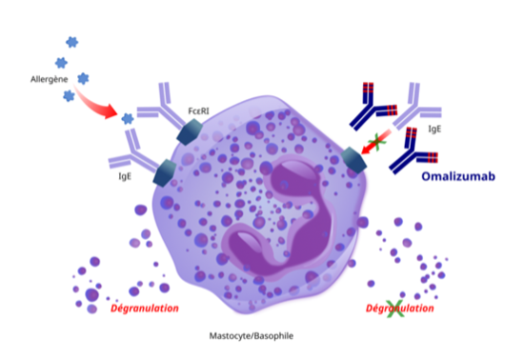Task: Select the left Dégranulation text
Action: pos(146,309)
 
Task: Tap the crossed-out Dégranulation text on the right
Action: pos(400,309)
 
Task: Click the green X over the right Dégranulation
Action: pos(393,309)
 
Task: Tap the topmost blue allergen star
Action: pos(71,42)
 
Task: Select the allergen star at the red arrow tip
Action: pos(127,118)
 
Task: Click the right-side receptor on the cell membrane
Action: pos(353,160)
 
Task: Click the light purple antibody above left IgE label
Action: pos(131,149)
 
